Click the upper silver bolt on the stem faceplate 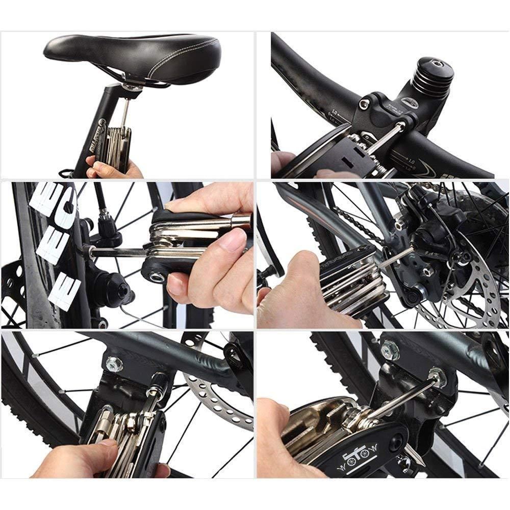coord(363,104)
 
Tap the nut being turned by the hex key coord(437,378)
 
